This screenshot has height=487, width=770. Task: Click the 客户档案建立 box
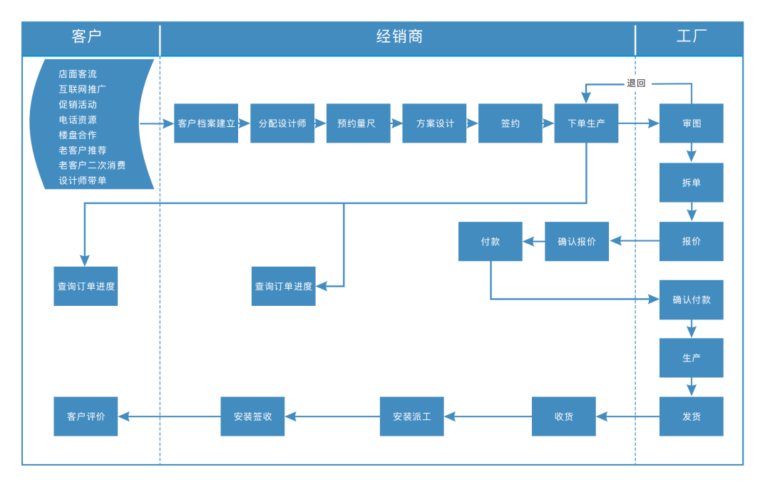point(206,123)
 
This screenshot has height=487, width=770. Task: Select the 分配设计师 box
point(282,123)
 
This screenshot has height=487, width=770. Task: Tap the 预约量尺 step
point(358,123)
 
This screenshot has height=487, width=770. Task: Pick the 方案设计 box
point(434,123)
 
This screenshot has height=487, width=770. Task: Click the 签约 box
point(510,123)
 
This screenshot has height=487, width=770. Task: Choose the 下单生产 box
point(586,123)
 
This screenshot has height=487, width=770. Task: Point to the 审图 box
point(691,123)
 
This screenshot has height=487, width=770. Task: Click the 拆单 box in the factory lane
point(691,183)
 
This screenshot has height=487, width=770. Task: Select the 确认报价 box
point(577,241)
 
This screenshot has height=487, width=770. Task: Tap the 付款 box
point(490,241)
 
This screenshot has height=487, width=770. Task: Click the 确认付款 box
point(691,299)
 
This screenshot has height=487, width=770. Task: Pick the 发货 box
point(691,416)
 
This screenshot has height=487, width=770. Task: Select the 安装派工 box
point(411,416)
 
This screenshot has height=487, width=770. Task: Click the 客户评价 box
point(86,416)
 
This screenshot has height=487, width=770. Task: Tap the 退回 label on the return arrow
point(636,83)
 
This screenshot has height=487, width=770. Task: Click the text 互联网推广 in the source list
point(83,89)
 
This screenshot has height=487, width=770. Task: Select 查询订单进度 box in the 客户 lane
point(86,287)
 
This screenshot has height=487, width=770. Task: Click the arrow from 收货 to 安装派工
point(488,416)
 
